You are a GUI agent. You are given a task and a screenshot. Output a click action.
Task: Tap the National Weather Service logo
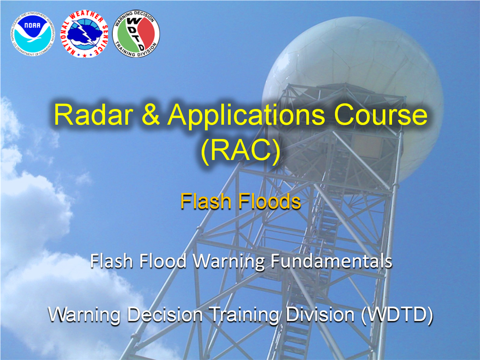click(x=84, y=34)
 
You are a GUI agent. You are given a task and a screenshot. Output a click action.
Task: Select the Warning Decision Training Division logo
click(x=136, y=33)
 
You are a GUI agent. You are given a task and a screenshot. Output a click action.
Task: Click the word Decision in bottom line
click(x=165, y=314)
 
